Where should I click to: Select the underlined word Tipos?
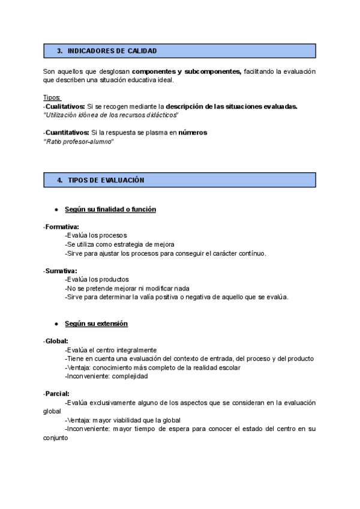[x=52, y=98]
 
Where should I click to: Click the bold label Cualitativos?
[x=65, y=106]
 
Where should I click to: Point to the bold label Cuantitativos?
[x=67, y=133]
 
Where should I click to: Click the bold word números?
[x=193, y=133]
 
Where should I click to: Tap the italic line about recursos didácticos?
[x=111, y=115]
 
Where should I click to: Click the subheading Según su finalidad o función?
[x=110, y=209]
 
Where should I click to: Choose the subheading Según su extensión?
[x=96, y=324]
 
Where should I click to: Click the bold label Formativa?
[x=62, y=227]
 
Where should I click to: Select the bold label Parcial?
[x=58, y=394]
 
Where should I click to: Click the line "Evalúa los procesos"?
[x=96, y=236]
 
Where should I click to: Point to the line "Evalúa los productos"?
[x=97, y=280]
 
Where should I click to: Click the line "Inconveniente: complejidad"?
[x=106, y=376]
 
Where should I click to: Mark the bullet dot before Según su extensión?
[x=56, y=324]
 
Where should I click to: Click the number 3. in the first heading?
[x=60, y=51]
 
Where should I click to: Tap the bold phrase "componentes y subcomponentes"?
[x=186, y=71]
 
